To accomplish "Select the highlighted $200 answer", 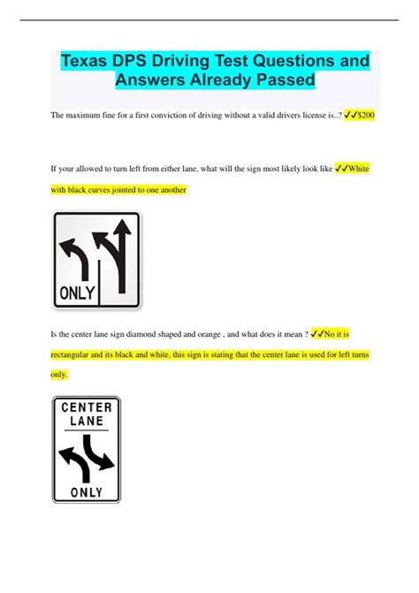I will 365,115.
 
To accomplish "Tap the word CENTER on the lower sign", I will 87,408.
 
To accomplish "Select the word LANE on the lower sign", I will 87,422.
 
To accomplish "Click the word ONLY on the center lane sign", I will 87,491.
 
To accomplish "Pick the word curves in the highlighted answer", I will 114,189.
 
